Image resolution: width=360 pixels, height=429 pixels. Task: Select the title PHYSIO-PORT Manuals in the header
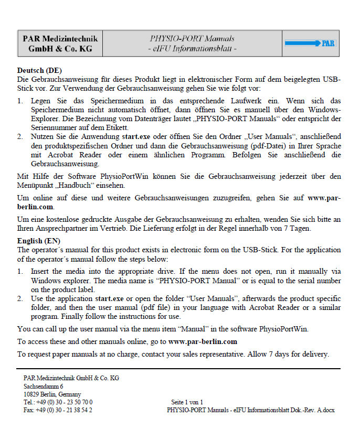(x=192, y=38)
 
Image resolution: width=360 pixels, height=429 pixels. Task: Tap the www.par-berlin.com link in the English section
(x=203, y=341)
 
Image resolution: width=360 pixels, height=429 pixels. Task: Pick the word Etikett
(x=117, y=127)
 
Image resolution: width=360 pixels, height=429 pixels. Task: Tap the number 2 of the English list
(x=19, y=299)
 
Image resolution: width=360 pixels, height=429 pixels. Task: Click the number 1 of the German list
(x=19, y=101)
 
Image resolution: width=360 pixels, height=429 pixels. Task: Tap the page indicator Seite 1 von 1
(x=187, y=402)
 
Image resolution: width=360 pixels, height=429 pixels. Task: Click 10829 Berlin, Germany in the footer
(x=52, y=394)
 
